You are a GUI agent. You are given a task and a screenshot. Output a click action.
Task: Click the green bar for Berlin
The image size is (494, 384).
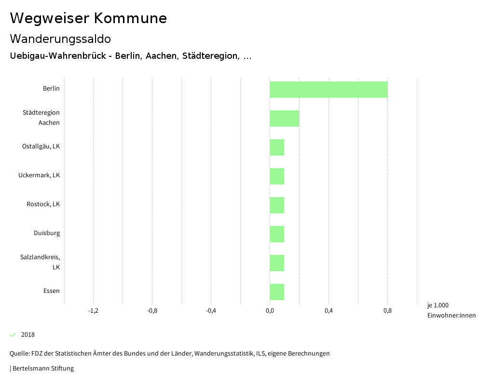[x=329, y=90]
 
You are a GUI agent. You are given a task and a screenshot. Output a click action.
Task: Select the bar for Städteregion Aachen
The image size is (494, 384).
[x=285, y=119]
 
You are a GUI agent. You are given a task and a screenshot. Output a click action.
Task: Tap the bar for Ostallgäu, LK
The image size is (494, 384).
[x=277, y=147]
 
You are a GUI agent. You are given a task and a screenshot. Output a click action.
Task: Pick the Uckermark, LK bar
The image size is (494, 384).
[x=277, y=176]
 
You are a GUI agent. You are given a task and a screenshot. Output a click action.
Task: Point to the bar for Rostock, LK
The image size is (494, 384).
[x=277, y=205]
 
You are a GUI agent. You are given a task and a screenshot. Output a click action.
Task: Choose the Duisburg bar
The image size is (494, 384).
[x=277, y=234]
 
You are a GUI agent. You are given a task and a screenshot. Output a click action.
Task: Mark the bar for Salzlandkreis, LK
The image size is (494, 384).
[x=277, y=263]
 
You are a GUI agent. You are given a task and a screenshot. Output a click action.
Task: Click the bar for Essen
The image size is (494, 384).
[x=277, y=292]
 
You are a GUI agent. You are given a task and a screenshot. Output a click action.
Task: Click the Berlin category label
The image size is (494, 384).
[x=51, y=89]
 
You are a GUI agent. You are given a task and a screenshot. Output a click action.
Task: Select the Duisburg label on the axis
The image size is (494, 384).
[x=47, y=233]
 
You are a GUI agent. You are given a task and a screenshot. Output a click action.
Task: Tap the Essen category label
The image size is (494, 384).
[x=52, y=291]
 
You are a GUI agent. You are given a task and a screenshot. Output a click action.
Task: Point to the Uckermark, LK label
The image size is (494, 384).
[x=39, y=175]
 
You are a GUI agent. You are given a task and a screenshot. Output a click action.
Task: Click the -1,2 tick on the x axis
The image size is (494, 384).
[x=94, y=311]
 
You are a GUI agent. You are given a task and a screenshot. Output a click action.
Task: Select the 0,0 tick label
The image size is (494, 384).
[x=270, y=311]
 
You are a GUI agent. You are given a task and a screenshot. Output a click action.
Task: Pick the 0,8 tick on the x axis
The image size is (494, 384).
[x=387, y=311]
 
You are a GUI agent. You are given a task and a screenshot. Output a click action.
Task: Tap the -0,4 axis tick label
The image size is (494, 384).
[x=211, y=311]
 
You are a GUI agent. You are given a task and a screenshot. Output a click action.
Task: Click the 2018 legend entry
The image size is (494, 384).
[x=27, y=335]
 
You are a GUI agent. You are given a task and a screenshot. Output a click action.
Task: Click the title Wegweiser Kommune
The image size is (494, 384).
[x=88, y=18]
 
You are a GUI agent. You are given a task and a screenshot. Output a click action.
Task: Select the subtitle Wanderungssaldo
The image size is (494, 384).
[x=60, y=39]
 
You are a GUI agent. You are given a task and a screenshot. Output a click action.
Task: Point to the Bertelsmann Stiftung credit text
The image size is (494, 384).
[x=42, y=369]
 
